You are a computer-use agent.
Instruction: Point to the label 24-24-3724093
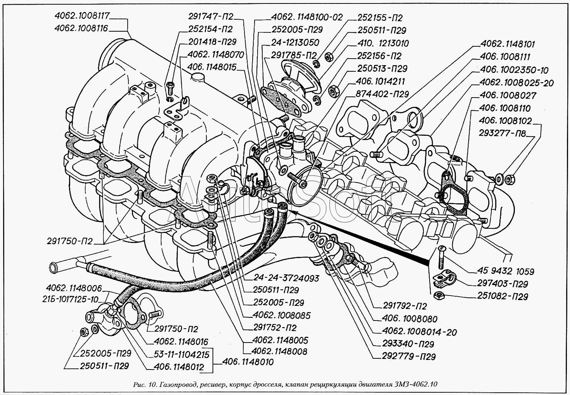(x=286, y=278)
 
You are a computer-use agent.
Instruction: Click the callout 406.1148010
(x=248, y=362)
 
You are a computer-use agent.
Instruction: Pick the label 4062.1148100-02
(x=307, y=17)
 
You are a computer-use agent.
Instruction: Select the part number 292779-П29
(x=408, y=356)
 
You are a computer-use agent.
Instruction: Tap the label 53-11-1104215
(x=181, y=354)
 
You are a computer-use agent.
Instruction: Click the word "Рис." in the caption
(x=138, y=385)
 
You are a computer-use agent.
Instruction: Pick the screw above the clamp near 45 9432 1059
(x=442, y=257)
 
